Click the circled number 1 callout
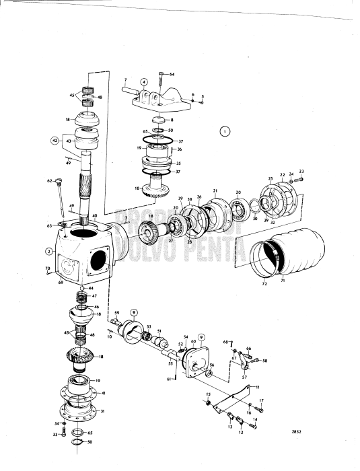tap(224, 131)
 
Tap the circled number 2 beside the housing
tap(48, 252)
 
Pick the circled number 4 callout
tap(143, 83)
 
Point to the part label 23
tap(301, 171)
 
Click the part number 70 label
tap(48, 268)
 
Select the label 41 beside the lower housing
tap(102, 392)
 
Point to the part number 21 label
tap(215, 190)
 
